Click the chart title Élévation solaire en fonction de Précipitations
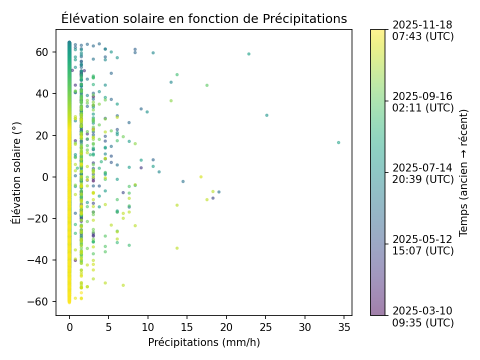204,19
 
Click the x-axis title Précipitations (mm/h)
204,342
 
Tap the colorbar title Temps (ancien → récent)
463,172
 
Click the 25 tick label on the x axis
265,327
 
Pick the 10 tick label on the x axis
148,327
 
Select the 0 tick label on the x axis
69,327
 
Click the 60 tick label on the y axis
42,52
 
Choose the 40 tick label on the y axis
42,93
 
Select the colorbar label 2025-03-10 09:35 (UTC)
423,316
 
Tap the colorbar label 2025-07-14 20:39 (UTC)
423,173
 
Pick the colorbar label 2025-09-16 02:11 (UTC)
423,101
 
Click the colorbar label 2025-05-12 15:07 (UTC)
423,244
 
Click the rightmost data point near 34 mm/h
338,142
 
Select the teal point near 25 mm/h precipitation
266,115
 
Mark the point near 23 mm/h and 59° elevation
248,54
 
